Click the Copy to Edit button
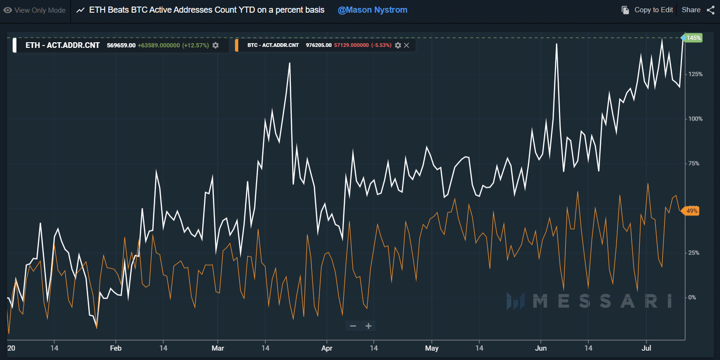[x=647, y=10]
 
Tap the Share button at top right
[x=698, y=10]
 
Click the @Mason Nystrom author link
[x=372, y=10]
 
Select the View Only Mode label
[x=34, y=10]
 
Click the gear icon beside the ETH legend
[x=216, y=46]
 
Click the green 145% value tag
[x=693, y=38]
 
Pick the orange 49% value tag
[x=690, y=211]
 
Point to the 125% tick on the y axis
[x=695, y=74]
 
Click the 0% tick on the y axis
[x=692, y=298]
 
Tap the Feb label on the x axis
[x=116, y=348]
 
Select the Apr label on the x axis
[x=327, y=348]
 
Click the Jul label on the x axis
[x=646, y=348]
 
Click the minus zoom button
[x=353, y=326]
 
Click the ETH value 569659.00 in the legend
[x=121, y=46]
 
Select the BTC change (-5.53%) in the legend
[x=381, y=46]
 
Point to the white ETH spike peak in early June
[x=556, y=44]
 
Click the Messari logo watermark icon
[x=515, y=301]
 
